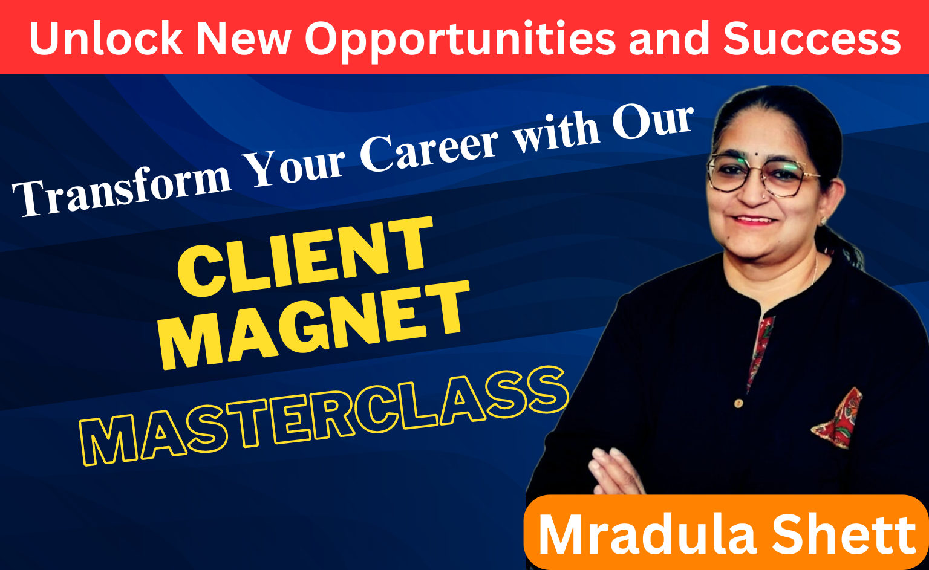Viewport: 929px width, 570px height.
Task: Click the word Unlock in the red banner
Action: point(106,38)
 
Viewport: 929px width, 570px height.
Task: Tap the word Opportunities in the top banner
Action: point(460,41)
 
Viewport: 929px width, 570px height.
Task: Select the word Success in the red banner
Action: point(812,38)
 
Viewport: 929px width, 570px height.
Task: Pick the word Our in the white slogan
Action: point(653,120)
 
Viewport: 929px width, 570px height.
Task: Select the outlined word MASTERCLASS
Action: point(324,416)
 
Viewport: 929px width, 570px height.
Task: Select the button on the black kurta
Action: point(738,403)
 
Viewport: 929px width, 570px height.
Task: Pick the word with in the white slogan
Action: point(555,132)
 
